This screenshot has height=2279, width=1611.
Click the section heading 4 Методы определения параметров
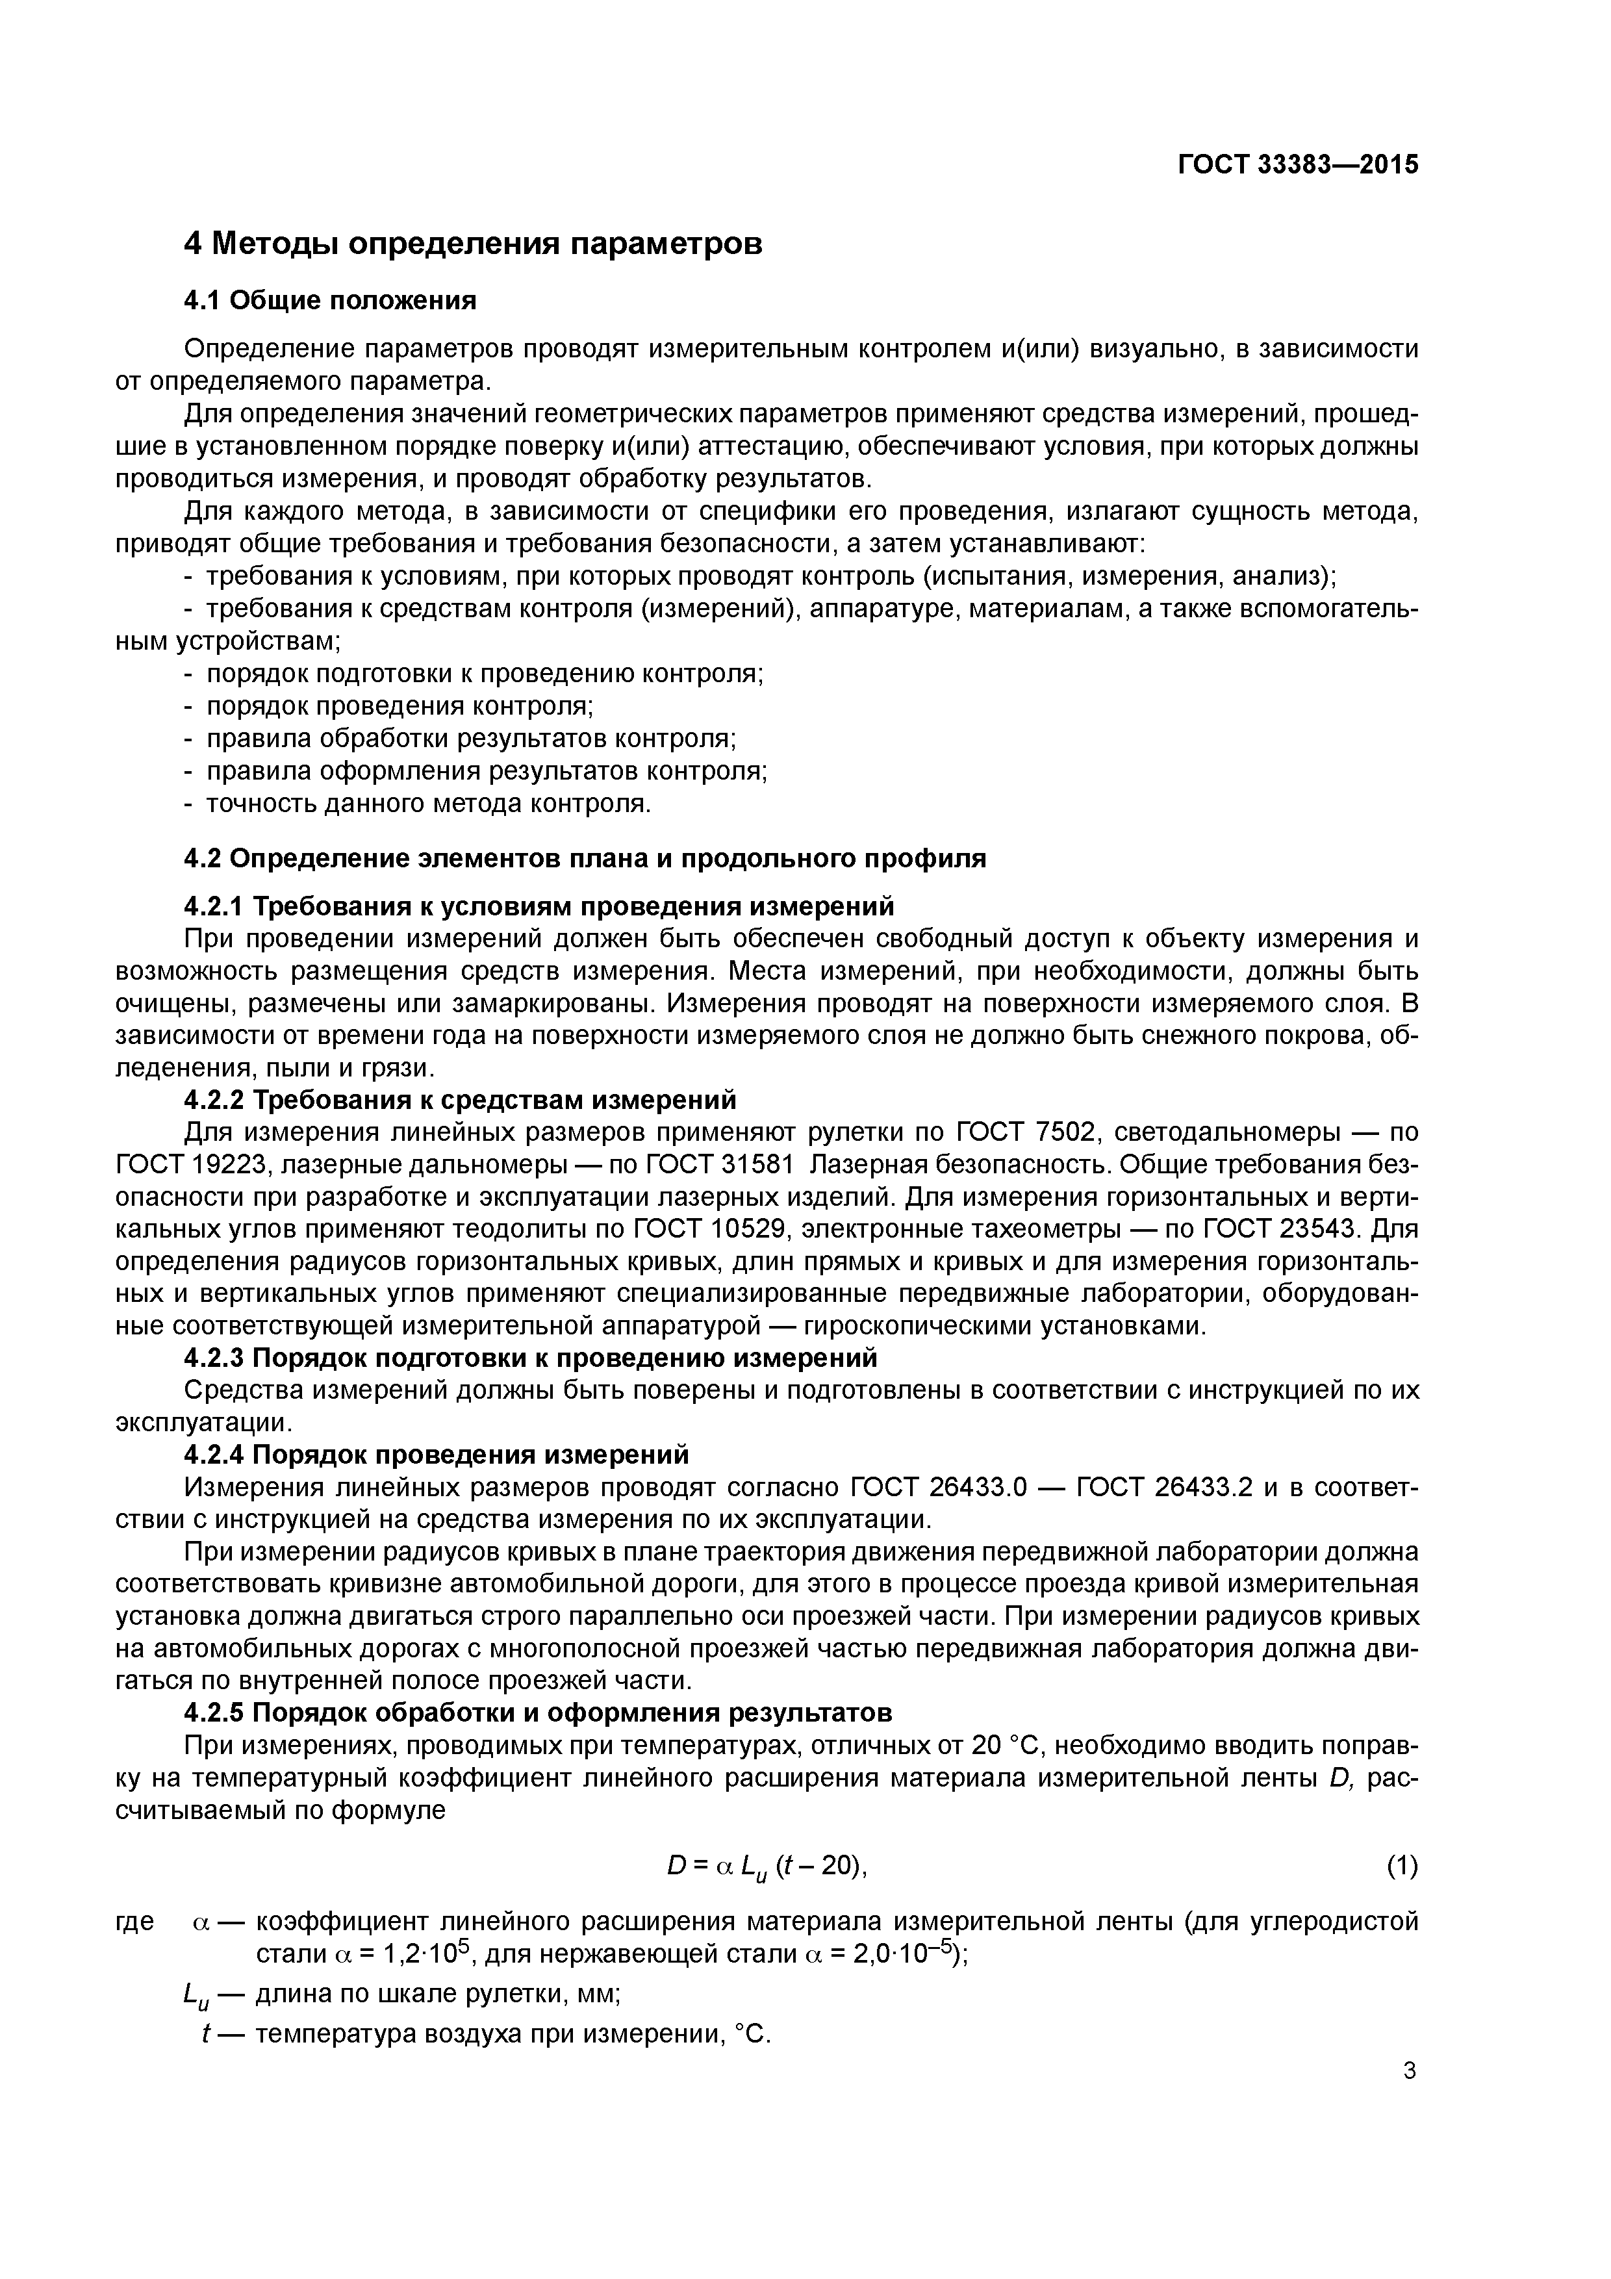pyautogui.click(x=474, y=243)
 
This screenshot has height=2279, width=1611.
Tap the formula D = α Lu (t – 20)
pyautogui.click(x=767, y=1867)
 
